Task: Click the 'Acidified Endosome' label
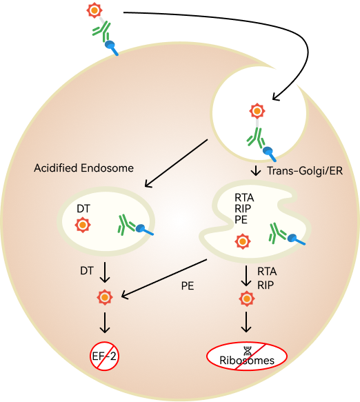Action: pos(84,168)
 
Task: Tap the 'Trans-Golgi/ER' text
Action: pos(305,171)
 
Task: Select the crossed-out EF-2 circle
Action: pos(105,356)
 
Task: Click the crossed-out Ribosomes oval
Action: pos(247,356)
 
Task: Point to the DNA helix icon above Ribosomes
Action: pos(247,350)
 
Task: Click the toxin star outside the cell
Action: pos(94,10)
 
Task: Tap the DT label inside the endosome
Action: pos(83,209)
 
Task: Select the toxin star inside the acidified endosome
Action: pos(83,225)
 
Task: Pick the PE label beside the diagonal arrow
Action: pos(188,286)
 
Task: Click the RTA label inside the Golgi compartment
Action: pos(244,198)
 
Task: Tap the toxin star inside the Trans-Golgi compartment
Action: pos(243,241)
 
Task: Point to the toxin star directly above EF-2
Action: pos(105,297)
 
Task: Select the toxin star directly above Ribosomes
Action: pos(247,299)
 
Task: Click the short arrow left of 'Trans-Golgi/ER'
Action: pos(256,171)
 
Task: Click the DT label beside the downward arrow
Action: pos(87,271)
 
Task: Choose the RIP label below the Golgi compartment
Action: pos(266,285)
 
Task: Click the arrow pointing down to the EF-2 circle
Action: pos(105,323)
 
